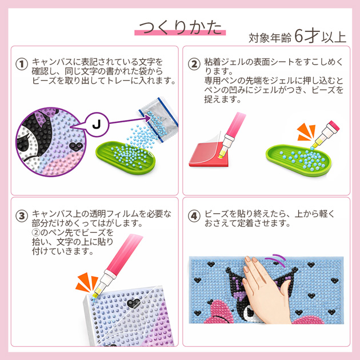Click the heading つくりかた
tap(180, 27)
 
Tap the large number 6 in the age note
tap(298, 36)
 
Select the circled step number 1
tap(22, 64)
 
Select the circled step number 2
tap(194, 64)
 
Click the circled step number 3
tap(22, 216)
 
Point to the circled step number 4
tap(194, 216)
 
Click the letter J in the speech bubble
tap(97, 125)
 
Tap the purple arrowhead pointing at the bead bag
tap(147, 118)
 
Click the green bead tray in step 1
tap(125, 158)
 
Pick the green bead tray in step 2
tap(298, 160)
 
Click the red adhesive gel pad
tap(208, 154)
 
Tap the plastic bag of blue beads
tap(158, 119)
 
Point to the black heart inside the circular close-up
tap(76, 146)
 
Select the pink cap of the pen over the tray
tap(334, 126)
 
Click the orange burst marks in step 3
tap(86, 282)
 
